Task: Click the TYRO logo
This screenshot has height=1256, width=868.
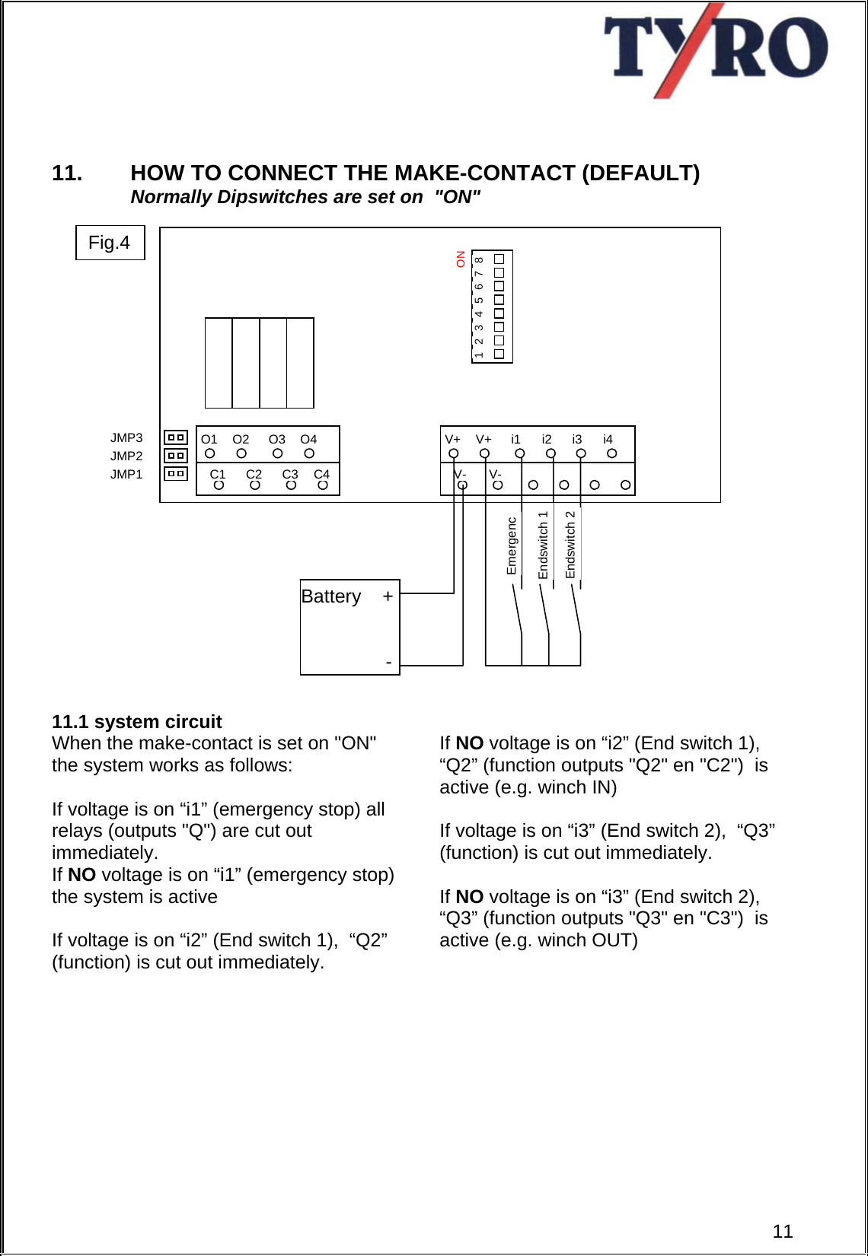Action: pyautogui.click(x=715, y=50)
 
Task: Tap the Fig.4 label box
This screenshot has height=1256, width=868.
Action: pyautogui.click(x=110, y=243)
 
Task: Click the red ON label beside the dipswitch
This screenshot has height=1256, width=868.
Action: pyautogui.click(x=461, y=259)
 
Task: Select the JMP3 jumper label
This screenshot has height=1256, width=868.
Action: pyautogui.click(x=126, y=438)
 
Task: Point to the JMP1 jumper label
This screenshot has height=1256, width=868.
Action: pyautogui.click(x=126, y=475)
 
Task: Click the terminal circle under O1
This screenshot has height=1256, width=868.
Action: pyautogui.click(x=210, y=453)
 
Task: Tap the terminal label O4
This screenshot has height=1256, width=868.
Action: pyautogui.click(x=308, y=439)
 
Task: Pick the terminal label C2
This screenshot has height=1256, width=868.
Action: pyautogui.click(x=254, y=474)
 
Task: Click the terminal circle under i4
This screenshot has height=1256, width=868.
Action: pyautogui.click(x=611, y=453)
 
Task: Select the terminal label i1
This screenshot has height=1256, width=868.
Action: pyautogui.click(x=515, y=439)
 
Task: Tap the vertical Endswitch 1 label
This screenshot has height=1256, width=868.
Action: pyautogui.click(x=543, y=545)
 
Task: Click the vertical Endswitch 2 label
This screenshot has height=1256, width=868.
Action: pyautogui.click(x=570, y=545)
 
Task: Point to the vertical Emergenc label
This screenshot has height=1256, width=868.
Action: pyautogui.click(x=512, y=546)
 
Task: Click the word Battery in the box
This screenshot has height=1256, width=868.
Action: pyautogui.click(x=331, y=596)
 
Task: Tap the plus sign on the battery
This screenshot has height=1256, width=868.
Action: pyautogui.click(x=388, y=596)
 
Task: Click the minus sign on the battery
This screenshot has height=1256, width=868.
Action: pyautogui.click(x=388, y=663)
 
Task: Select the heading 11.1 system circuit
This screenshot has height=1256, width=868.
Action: pyautogui.click(x=137, y=721)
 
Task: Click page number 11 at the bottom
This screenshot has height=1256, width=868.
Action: pyautogui.click(x=783, y=1231)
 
